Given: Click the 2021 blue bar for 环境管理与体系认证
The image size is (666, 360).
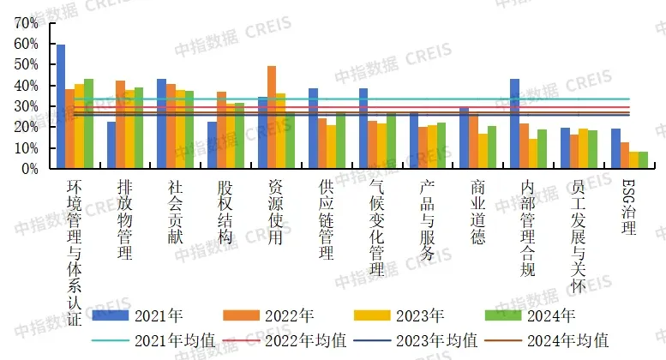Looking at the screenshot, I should pos(61,107).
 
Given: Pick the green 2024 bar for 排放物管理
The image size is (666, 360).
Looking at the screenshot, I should pos(139,129).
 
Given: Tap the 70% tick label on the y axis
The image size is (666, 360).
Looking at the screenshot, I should pos(27,23).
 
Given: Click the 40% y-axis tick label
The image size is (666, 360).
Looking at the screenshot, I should pos(27,86).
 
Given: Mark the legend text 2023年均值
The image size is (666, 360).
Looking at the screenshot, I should pos(441,340).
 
